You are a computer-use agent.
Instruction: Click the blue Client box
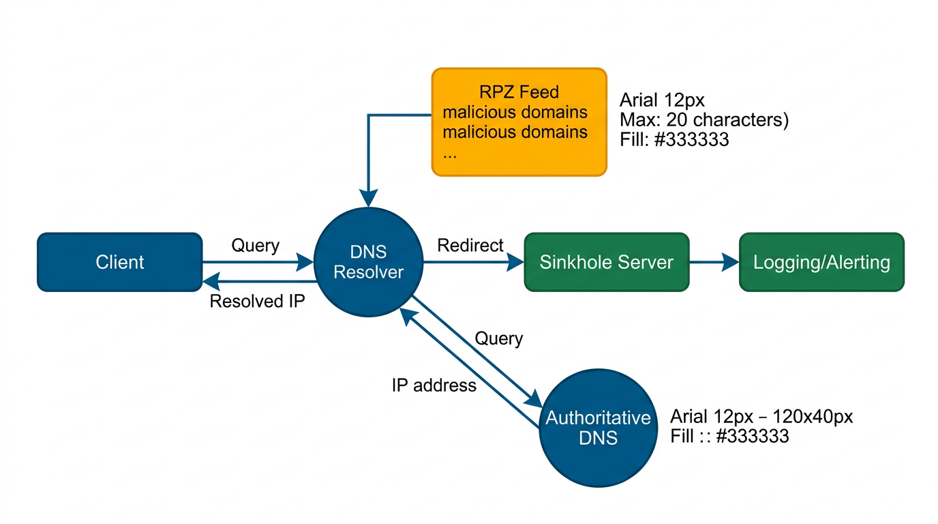[120, 263]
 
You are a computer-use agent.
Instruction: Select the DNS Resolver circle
[368, 263]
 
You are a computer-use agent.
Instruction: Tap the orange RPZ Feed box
[519, 122]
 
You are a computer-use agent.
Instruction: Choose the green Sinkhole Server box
[606, 263]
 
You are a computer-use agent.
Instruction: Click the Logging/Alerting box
[821, 263]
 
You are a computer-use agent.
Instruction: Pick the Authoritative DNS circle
[598, 427]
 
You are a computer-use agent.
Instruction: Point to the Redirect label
[470, 246]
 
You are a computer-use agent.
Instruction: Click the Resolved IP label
[256, 302]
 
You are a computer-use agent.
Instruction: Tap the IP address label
[434, 385]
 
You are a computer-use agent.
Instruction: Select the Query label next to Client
[256, 246]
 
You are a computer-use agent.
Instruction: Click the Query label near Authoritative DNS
[499, 338]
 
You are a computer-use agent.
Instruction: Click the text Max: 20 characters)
[703, 121]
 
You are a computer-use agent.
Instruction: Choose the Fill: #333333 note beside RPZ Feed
[674, 140]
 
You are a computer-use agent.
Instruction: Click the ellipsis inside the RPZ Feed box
[450, 154]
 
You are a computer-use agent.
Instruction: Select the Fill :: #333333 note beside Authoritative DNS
[729, 437]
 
